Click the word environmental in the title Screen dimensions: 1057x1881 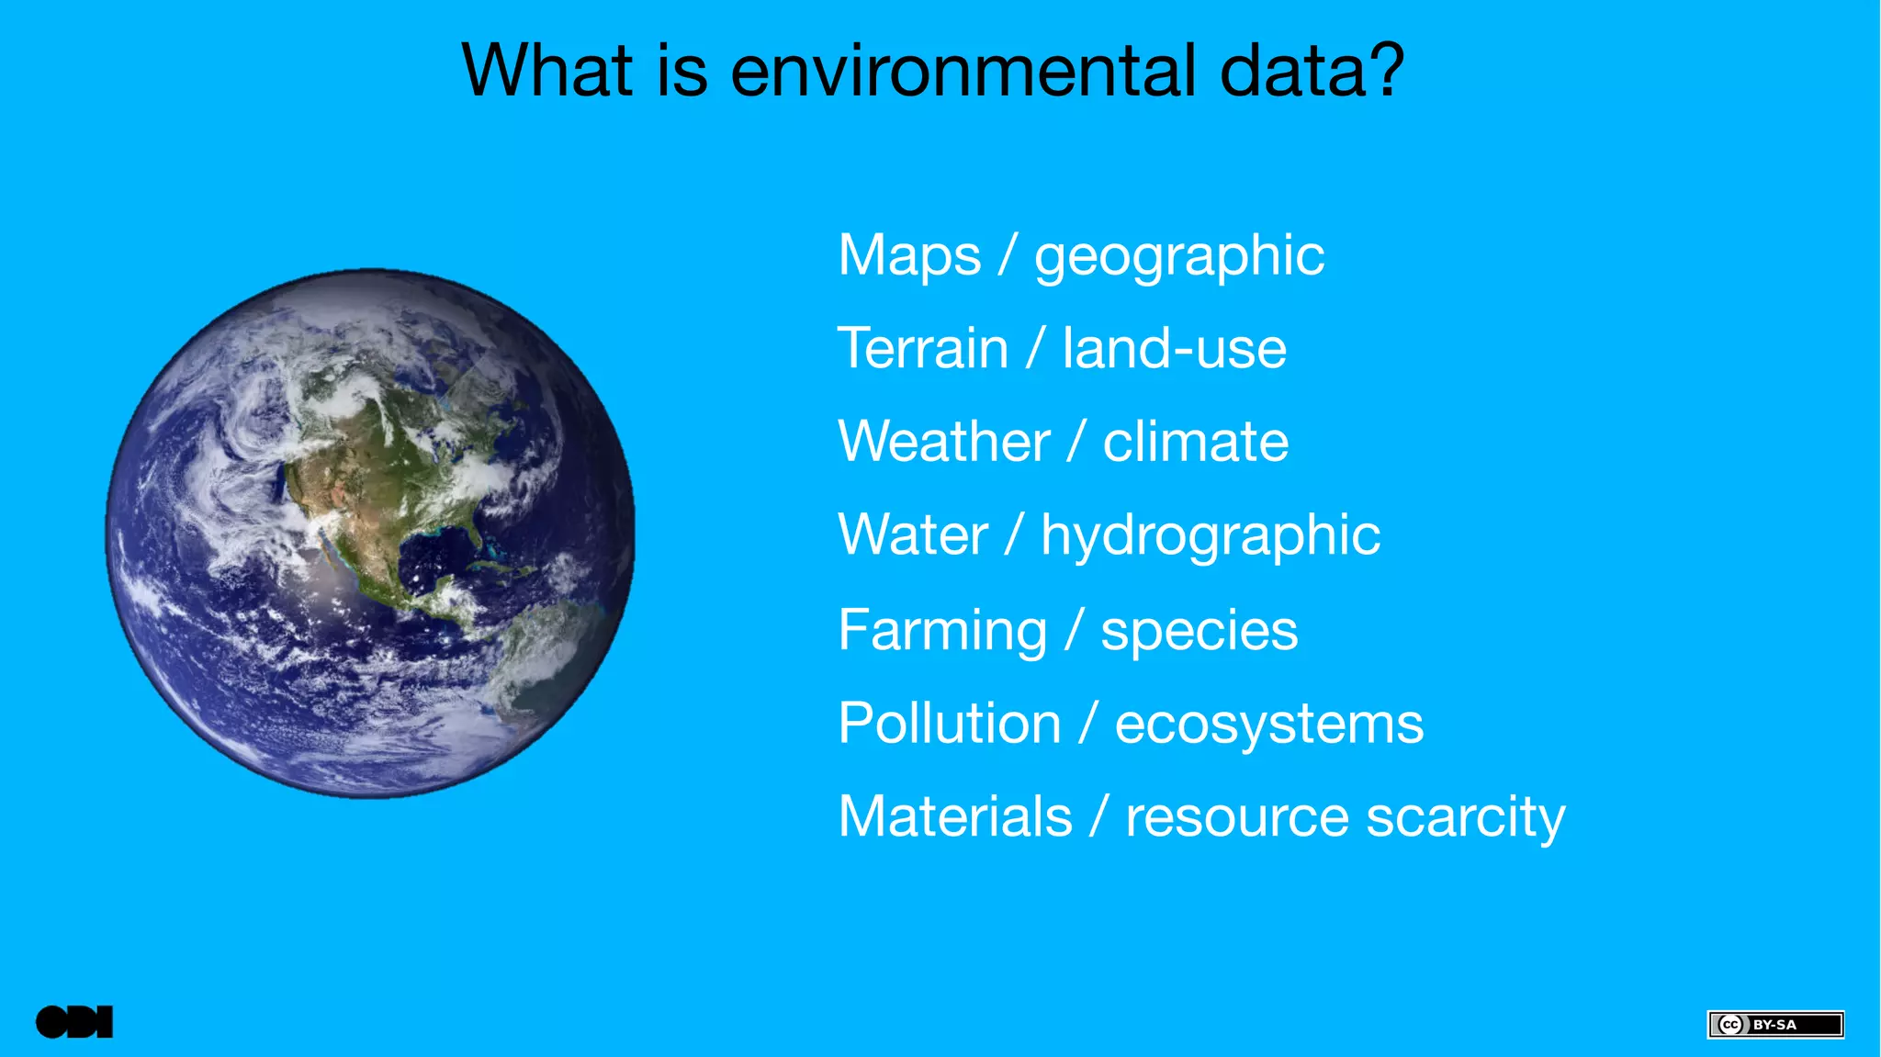pyautogui.click(x=963, y=71)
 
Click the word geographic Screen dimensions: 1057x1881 pyautogui.click(x=1179, y=257)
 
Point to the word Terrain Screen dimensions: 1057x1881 pyautogui.click(x=923, y=349)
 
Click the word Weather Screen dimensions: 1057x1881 pyautogui.click(x=943, y=442)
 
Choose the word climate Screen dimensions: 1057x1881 pyautogui.click(x=1195, y=442)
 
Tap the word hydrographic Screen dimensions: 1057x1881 pyautogui.click(x=1210, y=536)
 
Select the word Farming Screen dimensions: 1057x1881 pyautogui.click(x=942, y=632)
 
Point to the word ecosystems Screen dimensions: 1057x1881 pyautogui.click(x=1268, y=725)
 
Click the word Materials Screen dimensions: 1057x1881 pyautogui.click(x=955, y=816)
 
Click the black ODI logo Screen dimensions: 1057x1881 pyautogui.click(x=74, y=1022)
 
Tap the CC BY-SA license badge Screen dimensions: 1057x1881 pyautogui.click(x=1774, y=1024)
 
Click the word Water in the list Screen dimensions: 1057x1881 pyautogui.click(x=913, y=535)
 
